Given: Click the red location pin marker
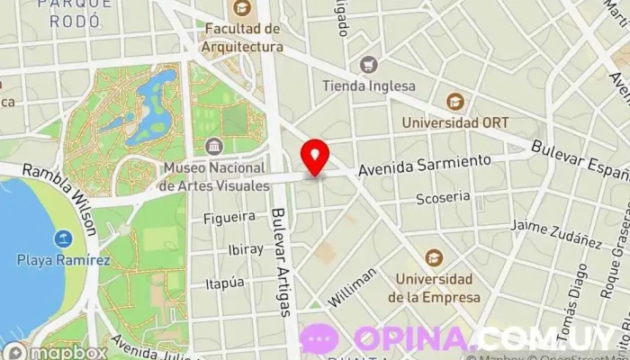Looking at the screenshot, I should (315, 156).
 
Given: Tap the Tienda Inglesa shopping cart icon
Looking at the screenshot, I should (367, 65).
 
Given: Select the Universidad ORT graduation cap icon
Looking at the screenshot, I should (455, 101).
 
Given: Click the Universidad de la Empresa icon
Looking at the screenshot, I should (434, 257).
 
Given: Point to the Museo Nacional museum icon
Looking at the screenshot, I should (214, 146).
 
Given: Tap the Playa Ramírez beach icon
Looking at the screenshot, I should (63, 239).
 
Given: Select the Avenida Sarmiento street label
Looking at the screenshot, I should (425, 165).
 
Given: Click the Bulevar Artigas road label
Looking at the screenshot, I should (281, 262).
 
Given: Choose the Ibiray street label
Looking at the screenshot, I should (246, 249).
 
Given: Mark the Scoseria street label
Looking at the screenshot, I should (444, 196).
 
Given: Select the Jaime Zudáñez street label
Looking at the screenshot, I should (555, 233).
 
